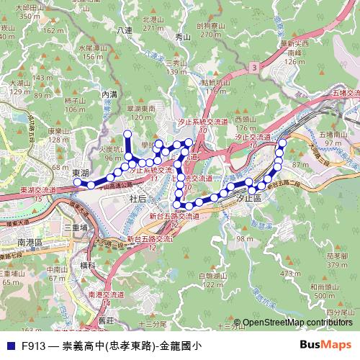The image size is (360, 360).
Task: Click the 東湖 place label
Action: (x=81, y=174)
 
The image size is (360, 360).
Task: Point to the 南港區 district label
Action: (x=31, y=243)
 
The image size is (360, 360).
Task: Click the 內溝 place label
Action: (x=109, y=94)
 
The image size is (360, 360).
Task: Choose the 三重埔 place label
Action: (x=76, y=227)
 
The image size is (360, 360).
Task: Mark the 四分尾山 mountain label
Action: (x=337, y=312)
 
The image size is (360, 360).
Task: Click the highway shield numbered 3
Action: (x=254, y=66)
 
